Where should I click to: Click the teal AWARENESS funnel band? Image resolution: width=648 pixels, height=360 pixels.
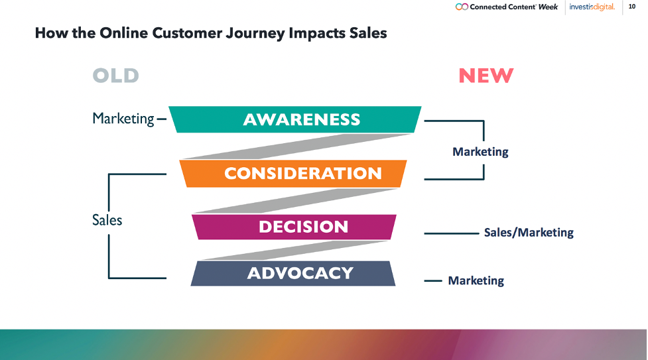(295, 119)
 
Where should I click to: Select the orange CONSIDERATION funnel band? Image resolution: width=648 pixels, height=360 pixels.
(293, 174)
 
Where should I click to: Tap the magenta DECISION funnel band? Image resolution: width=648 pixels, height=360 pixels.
(294, 227)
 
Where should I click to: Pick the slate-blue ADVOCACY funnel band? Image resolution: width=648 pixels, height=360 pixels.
(293, 273)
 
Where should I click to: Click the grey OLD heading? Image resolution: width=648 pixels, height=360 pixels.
(115, 76)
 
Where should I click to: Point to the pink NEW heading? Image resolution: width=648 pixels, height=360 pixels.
(486, 76)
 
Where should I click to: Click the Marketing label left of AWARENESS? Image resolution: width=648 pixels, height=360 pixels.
(123, 119)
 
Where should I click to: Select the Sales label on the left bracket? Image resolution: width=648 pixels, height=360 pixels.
(107, 220)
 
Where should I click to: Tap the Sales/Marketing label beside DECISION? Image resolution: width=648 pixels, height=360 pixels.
(529, 233)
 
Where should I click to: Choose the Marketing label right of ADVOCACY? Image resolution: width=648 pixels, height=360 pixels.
(476, 280)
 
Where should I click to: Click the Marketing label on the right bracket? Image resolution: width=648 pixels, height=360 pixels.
(480, 152)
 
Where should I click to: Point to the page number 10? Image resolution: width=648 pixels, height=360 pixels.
(632, 6)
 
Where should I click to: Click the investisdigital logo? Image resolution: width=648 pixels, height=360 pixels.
(592, 7)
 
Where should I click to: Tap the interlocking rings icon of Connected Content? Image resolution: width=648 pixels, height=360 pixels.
(462, 7)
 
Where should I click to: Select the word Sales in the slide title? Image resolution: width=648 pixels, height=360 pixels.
(368, 32)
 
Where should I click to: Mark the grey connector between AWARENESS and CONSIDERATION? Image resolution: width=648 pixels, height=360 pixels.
(296, 147)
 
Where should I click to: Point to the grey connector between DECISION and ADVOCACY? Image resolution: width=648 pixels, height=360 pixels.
(294, 250)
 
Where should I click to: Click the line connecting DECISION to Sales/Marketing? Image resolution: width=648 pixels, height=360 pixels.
(451, 233)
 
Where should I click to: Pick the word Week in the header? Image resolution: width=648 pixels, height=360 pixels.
(548, 7)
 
